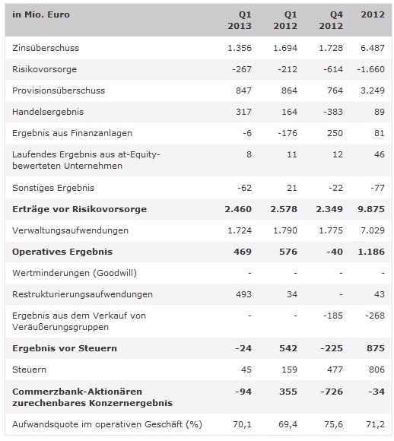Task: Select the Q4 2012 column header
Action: [x=330, y=21]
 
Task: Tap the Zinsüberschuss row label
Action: [x=46, y=48]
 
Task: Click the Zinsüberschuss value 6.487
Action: [x=371, y=48]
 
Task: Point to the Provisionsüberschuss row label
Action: [x=59, y=90]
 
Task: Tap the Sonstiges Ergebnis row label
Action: [x=53, y=187]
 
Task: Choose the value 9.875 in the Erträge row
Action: [x=370, y=208]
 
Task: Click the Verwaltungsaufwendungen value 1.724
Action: [x=237, y=230]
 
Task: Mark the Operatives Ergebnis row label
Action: [x=62, y=251]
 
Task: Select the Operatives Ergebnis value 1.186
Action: [x=370, y=251]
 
